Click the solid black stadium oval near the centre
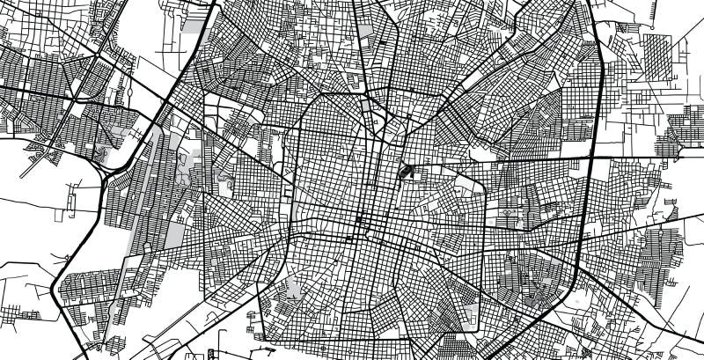coord(407,170)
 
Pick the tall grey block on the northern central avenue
coord(365,111)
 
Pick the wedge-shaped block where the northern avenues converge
coord(378,128)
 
